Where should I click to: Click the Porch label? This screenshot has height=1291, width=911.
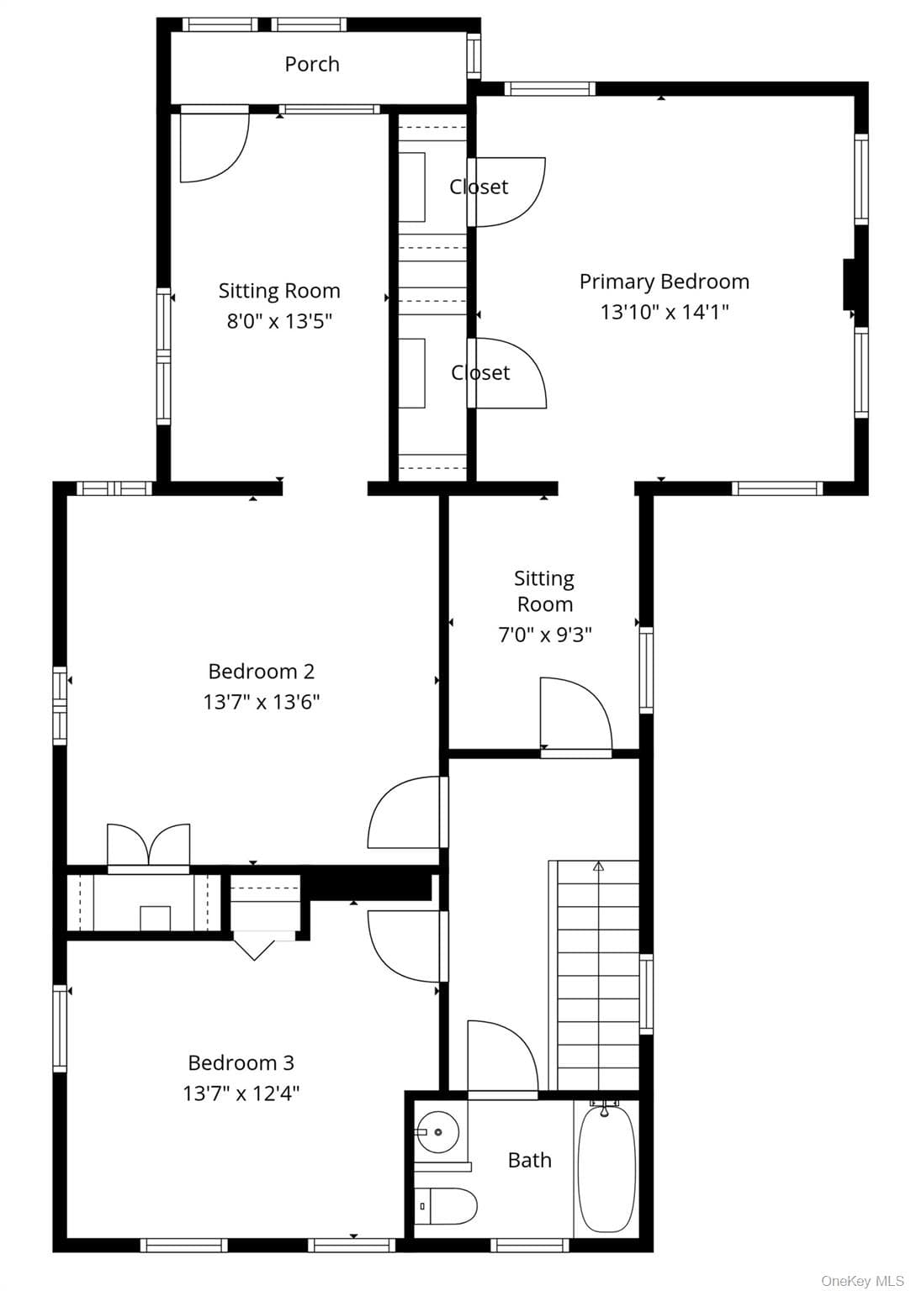(x=311, y=64)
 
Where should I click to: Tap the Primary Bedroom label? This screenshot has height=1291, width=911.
(x=664, y=282)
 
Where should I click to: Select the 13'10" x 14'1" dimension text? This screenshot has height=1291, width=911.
(x=664, y=312)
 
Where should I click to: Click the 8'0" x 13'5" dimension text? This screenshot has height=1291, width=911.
(x=279, y=320)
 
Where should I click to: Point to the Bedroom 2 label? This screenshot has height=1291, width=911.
(x=262, y=671)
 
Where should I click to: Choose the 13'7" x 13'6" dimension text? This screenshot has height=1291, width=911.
(x=262, y=702)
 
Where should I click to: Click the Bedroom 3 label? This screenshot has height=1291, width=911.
(x=241, y=1062)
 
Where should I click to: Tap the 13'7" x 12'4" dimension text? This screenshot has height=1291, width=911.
(x=241, y=1093)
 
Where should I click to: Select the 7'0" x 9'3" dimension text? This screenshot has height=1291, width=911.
(x=544, y=635)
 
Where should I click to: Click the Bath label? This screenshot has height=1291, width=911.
(x=530, y=1160)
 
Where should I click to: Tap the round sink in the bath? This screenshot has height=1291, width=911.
(x=438, y=1132)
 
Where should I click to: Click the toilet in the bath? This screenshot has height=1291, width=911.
(x=445, y=1205)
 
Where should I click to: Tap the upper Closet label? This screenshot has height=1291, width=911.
(x=479, y=187)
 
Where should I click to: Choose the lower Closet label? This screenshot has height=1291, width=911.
(x=480, y=373)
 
